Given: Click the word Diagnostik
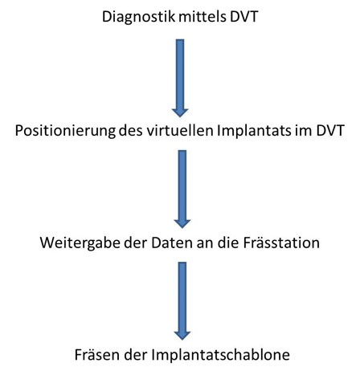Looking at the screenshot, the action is [x=138, y=18].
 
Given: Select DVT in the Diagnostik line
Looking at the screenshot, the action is [x=243, y=17].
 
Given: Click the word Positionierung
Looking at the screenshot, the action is [x=65, y=131].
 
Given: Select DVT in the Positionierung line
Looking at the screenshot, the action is [x=330, y=131].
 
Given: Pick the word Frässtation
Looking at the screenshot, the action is [x=281, y=243].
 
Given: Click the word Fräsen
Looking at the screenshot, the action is [x=97, y=355].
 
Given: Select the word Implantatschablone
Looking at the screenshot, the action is [x=220, y=355].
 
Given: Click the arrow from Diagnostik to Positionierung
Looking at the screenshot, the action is [x=180, y=78].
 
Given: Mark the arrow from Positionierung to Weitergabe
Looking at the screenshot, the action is [x=182, y=189].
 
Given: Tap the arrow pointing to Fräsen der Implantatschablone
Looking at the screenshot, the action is [x=182, y=301].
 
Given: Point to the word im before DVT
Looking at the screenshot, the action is [x=303, y=131].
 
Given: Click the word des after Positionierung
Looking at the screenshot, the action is [x=131, y=131].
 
